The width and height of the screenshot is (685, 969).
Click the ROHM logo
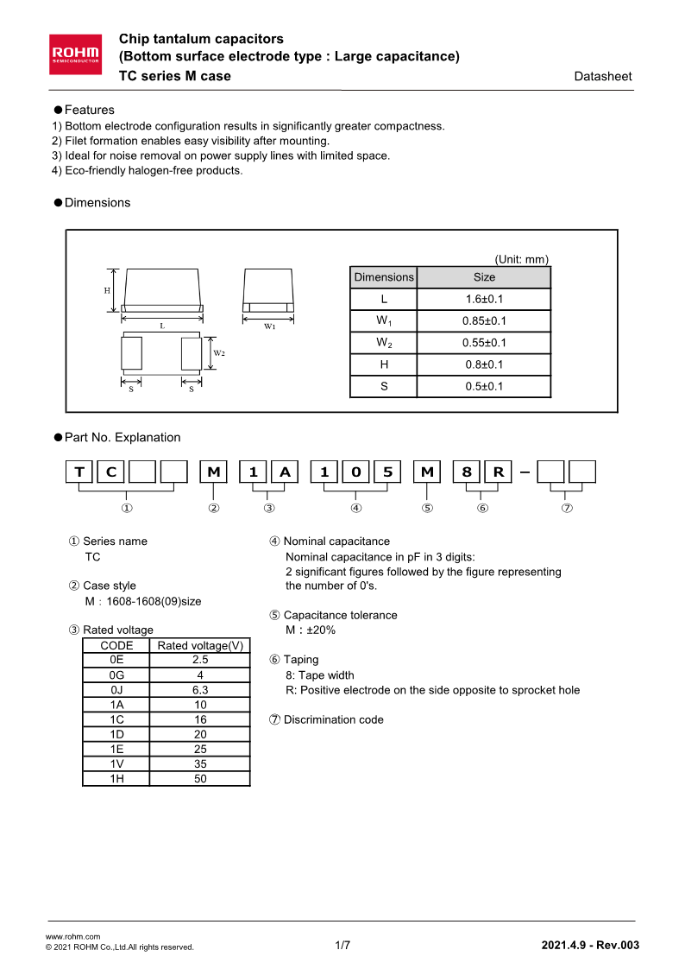[x=76, y=53]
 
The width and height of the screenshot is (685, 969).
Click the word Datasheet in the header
[x=603, y=77]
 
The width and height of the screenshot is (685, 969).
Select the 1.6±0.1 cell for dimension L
[x=484, y=299]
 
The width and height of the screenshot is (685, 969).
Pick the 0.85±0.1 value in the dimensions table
[x=484, y=321]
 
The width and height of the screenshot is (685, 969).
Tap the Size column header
[x=484, y=277]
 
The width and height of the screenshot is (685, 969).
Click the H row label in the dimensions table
[x=384, y=364]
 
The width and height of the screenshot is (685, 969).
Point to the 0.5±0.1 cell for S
[x=484, y=387]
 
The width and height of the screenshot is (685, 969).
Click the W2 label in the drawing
[x=219, y=353]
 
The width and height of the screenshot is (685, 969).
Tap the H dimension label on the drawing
[x=107, y=291]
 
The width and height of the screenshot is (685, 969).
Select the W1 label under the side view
[x=270, y=326]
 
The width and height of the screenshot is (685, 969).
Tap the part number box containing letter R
[x=498, y=472]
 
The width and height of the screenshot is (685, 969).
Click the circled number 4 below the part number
[x=356, y=508]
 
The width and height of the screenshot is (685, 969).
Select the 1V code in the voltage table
[x=116, y=763]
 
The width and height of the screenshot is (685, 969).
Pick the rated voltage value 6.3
[x=200, y=690]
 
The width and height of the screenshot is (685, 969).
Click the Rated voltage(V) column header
[x=200, y=645]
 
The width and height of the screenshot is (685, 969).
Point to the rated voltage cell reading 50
[x=200, y=778]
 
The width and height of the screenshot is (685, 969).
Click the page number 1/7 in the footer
[x=342, y=945]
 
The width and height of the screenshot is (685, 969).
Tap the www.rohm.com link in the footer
[x=72, y=936]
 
